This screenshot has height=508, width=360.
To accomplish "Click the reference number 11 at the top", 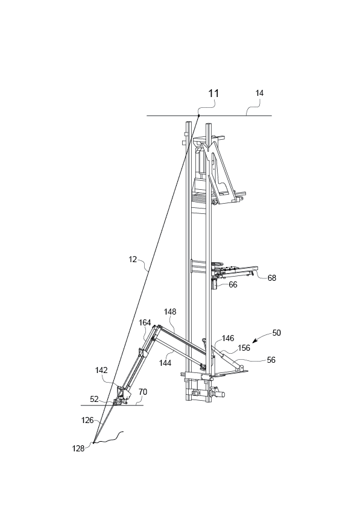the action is pos(213,93).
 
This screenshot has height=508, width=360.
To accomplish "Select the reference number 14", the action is pos(259,93).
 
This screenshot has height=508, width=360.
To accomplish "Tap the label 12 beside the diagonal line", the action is pos(133,260).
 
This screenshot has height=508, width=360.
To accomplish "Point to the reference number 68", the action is pos(272,278).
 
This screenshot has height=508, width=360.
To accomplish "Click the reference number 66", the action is pos(233,284).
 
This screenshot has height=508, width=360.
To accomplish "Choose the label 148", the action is pos(170,312).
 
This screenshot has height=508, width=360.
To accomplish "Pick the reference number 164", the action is pos(145,322).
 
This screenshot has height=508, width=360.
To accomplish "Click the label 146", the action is pos(228,338).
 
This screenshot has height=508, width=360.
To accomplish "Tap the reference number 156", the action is pos(244,348).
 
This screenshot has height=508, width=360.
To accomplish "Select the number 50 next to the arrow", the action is pos(277,333).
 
